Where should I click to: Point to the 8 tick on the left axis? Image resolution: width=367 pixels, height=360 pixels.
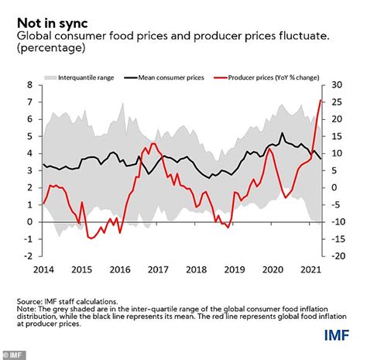(x=29, y=85)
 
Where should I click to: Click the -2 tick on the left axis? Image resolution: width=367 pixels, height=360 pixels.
(x=27, y=256)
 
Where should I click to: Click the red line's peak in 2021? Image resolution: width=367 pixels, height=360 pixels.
(x=321, y=101)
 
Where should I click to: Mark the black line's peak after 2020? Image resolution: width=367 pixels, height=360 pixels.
(x=282, y=132)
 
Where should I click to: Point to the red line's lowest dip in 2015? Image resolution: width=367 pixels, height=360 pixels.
(x=91, y=238)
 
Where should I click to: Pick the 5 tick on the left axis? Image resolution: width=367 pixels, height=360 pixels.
(x=29, y=136)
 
